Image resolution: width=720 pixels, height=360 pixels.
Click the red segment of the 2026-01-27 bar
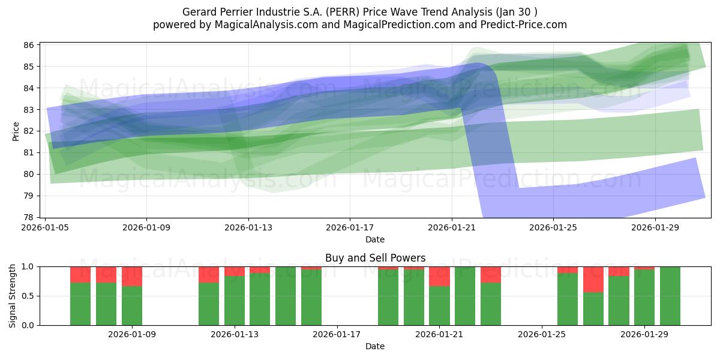coord(593,279)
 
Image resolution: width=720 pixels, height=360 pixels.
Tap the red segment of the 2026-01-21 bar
coord(439,276)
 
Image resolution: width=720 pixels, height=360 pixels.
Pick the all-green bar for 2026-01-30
coord(670,296)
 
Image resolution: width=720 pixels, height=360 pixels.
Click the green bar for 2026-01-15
coord(286,296)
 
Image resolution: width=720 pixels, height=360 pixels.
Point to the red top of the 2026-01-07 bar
coord(80,274)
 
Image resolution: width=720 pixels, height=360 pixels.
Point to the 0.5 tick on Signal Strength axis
coord(29,296)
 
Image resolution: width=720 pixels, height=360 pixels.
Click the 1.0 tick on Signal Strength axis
coord(29,266)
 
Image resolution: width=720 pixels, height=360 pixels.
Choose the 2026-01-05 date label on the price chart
coord(46,229)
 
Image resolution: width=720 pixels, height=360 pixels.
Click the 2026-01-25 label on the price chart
coord(553,229)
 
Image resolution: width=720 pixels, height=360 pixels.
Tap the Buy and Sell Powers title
coord(375,258)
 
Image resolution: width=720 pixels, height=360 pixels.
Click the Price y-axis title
coord(16,131)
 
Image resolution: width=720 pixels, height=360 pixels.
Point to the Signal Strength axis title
coord(13,296)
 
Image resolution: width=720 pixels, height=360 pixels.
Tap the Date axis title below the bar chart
coord(375,347)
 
